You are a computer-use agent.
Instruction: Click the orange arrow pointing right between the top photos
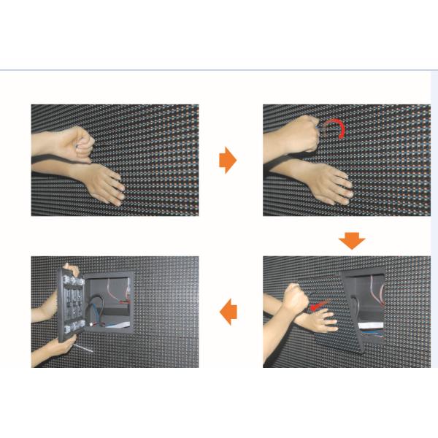(228, 160)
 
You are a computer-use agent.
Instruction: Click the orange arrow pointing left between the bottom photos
(228, 312)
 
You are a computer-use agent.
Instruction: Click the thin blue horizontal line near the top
(219, 70)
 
